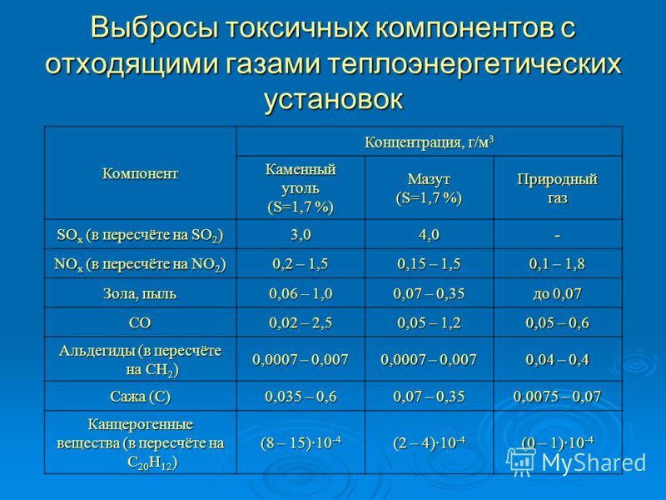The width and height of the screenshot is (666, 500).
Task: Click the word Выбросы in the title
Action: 155,27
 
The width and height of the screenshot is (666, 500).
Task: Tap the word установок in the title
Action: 334,100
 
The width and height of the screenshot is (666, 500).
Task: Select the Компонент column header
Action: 140,173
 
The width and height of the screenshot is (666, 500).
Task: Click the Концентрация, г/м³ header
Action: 429,142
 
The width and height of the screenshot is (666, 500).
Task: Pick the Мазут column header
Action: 429,188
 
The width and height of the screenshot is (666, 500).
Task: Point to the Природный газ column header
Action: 557,188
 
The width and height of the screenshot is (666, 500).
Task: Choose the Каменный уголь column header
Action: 301,188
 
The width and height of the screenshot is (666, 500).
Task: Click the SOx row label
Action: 140,235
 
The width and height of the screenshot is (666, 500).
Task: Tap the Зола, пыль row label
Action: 140,294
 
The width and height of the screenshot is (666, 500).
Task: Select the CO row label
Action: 140,323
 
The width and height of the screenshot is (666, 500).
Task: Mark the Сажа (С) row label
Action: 140,397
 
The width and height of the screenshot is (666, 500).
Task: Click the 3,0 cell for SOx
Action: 301,235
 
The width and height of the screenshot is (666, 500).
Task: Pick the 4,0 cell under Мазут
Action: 429,235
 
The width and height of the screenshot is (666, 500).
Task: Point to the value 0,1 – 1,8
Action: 557,264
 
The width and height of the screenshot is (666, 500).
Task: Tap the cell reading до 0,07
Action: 557,294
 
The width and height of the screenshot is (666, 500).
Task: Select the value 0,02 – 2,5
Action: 301,323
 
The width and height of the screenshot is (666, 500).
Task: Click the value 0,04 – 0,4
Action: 557,360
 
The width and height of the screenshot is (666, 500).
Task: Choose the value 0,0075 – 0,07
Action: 557,397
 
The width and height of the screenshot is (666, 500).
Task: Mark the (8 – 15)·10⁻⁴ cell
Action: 301,442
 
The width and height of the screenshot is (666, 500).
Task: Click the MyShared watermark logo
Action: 576,462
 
